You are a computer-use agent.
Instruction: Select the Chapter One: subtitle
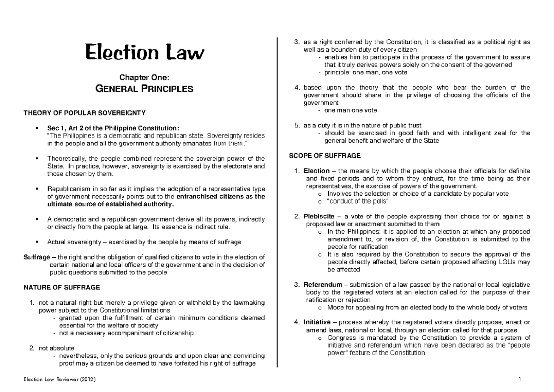pyautogui.click(x=144, y=78)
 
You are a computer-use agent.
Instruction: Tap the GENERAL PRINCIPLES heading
pyautogui.click(x=144, y=89)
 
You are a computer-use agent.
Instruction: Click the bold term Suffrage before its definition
pyautogui.click(x=38, y=257)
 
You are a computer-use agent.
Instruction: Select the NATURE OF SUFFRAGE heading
pyautogui.click(x=61, y=288)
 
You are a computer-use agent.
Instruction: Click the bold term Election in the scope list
pyautogui.click(x=317, y=171)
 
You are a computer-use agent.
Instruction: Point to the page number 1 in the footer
pyautogui.click(x=520, y=380)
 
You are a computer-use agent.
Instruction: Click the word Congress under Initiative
pyautogui.click(x=341, y=338)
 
